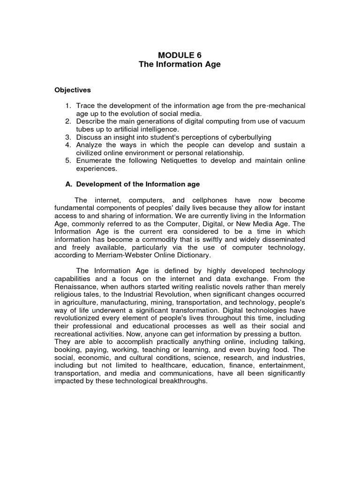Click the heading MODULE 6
(180, 55)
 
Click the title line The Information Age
(180, 64)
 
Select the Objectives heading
(73, 90)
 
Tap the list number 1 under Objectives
(68, 105)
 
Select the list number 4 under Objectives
(68, 145)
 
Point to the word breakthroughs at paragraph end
(182, 382)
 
